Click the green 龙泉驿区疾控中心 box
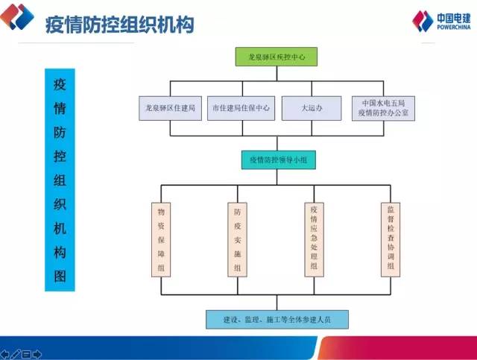click(277, 57)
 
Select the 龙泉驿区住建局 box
click(170, 108)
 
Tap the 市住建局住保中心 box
click(241, 108)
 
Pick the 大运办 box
click(312, 108)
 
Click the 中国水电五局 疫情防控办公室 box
click(383, 108)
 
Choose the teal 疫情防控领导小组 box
click(278, 160)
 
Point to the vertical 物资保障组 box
click(161, 240)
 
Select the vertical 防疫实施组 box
click(237, 240)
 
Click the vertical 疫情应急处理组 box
click(314, 240)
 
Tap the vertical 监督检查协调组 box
click(391, 240)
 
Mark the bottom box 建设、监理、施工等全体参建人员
click(277, 320)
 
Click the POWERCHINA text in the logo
click(454, 28)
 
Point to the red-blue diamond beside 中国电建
click(423, 21)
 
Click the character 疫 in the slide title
click(54, 25)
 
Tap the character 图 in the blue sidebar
click(60, 277)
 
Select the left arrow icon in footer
click(5, 354)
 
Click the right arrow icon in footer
click(37, 354)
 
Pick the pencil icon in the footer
click(16, 354)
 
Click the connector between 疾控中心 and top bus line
click(277, 74)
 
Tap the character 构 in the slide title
click(185, 25)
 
